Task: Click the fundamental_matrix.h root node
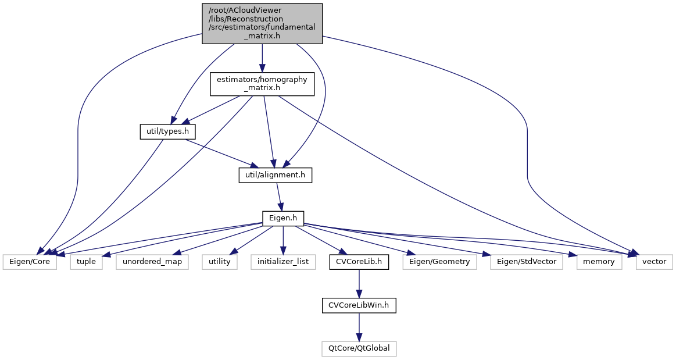pyautogui.click(x=262, y=23)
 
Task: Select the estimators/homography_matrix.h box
pyautogui.click(x=262, y=84)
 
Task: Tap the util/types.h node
pyautogui.click(x=167, y=132)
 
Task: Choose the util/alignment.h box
pyautogui.click(x=276, y=175)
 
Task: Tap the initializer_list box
pyautogui.click(x=284, y=262)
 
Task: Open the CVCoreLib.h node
pyautogui.click(x=359, y=262)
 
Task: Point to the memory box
pyautogui.click(x=599, y=262)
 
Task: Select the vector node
pyautogui.click(x=654, y=262)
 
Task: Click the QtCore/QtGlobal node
pyautogui.click(x=359, y=348)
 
